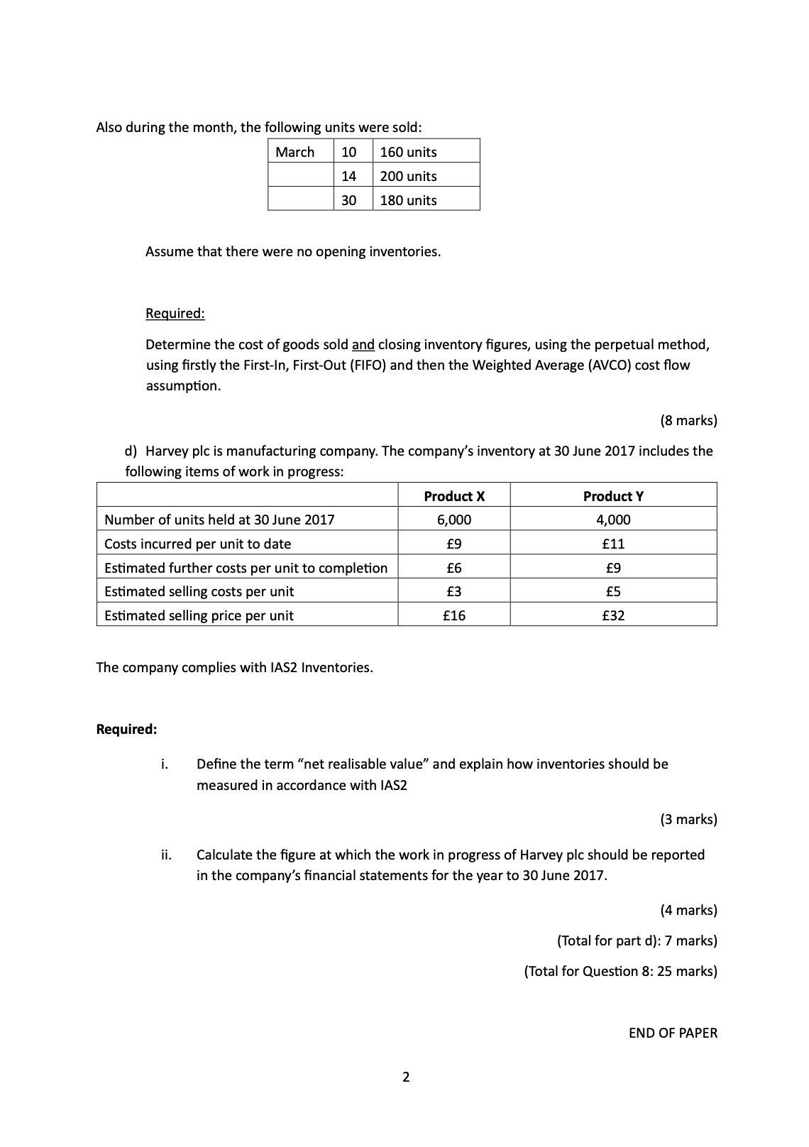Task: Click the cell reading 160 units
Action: click(x=408, y=152)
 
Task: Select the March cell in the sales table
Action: click(x=295, y=152)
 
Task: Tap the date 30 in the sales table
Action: click(x=348, y=200)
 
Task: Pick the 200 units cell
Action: click(x=408, y=176)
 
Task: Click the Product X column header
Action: click(x=453, y=496)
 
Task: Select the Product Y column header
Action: click(x=613, y=496)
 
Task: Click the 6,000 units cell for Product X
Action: click(x=453, y=520)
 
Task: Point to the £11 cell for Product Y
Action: click(x=613, y=544)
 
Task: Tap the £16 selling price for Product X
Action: click(x=453, y=615)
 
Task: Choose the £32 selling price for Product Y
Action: click(x=613, y=615)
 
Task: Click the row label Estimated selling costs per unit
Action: click(x=199, y=591)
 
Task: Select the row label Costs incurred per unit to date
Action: click(x=197, y=544)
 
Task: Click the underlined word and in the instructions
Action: click(x=363, y=345)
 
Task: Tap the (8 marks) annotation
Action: click(x=688, y=420)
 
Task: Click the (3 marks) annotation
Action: click(x=688, y=819)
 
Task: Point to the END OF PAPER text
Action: click(x=673, y=1033)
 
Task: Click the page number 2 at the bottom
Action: click(x=405, y=1077)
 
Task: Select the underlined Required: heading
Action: click(x=175, y=313)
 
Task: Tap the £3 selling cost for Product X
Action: click(x=453, y=591)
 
